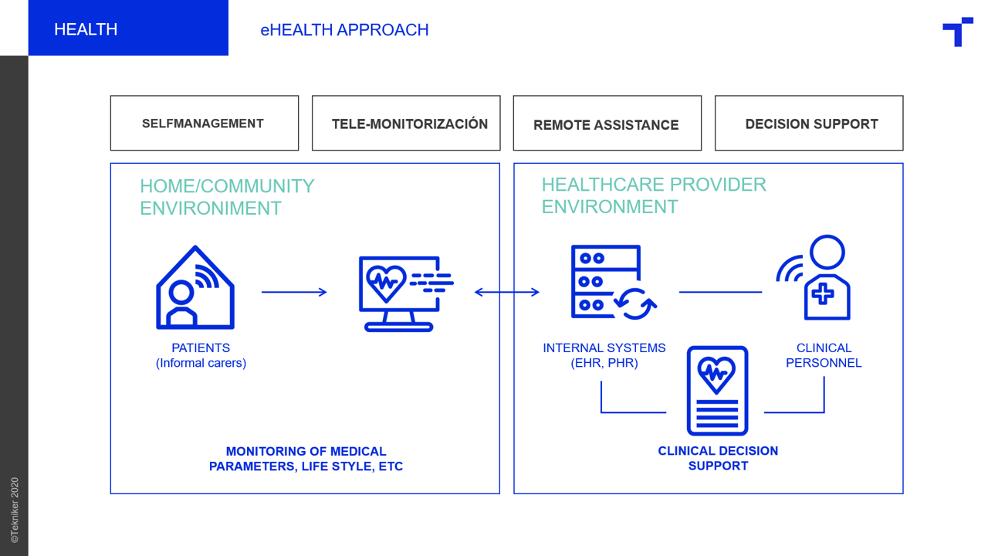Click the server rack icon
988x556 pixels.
point(574,283)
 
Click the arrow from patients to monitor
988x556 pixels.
point(294,292)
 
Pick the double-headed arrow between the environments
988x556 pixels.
point(507,292)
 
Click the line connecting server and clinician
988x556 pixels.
point(720,292)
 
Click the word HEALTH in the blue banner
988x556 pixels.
point(86,29)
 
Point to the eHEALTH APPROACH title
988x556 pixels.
point(344,29)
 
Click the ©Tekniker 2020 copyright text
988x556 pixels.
point(15,510)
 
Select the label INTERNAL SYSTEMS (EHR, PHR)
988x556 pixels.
point(604,355)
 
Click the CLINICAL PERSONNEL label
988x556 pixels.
point(824,355)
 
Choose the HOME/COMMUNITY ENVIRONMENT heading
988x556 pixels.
point(227,197)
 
